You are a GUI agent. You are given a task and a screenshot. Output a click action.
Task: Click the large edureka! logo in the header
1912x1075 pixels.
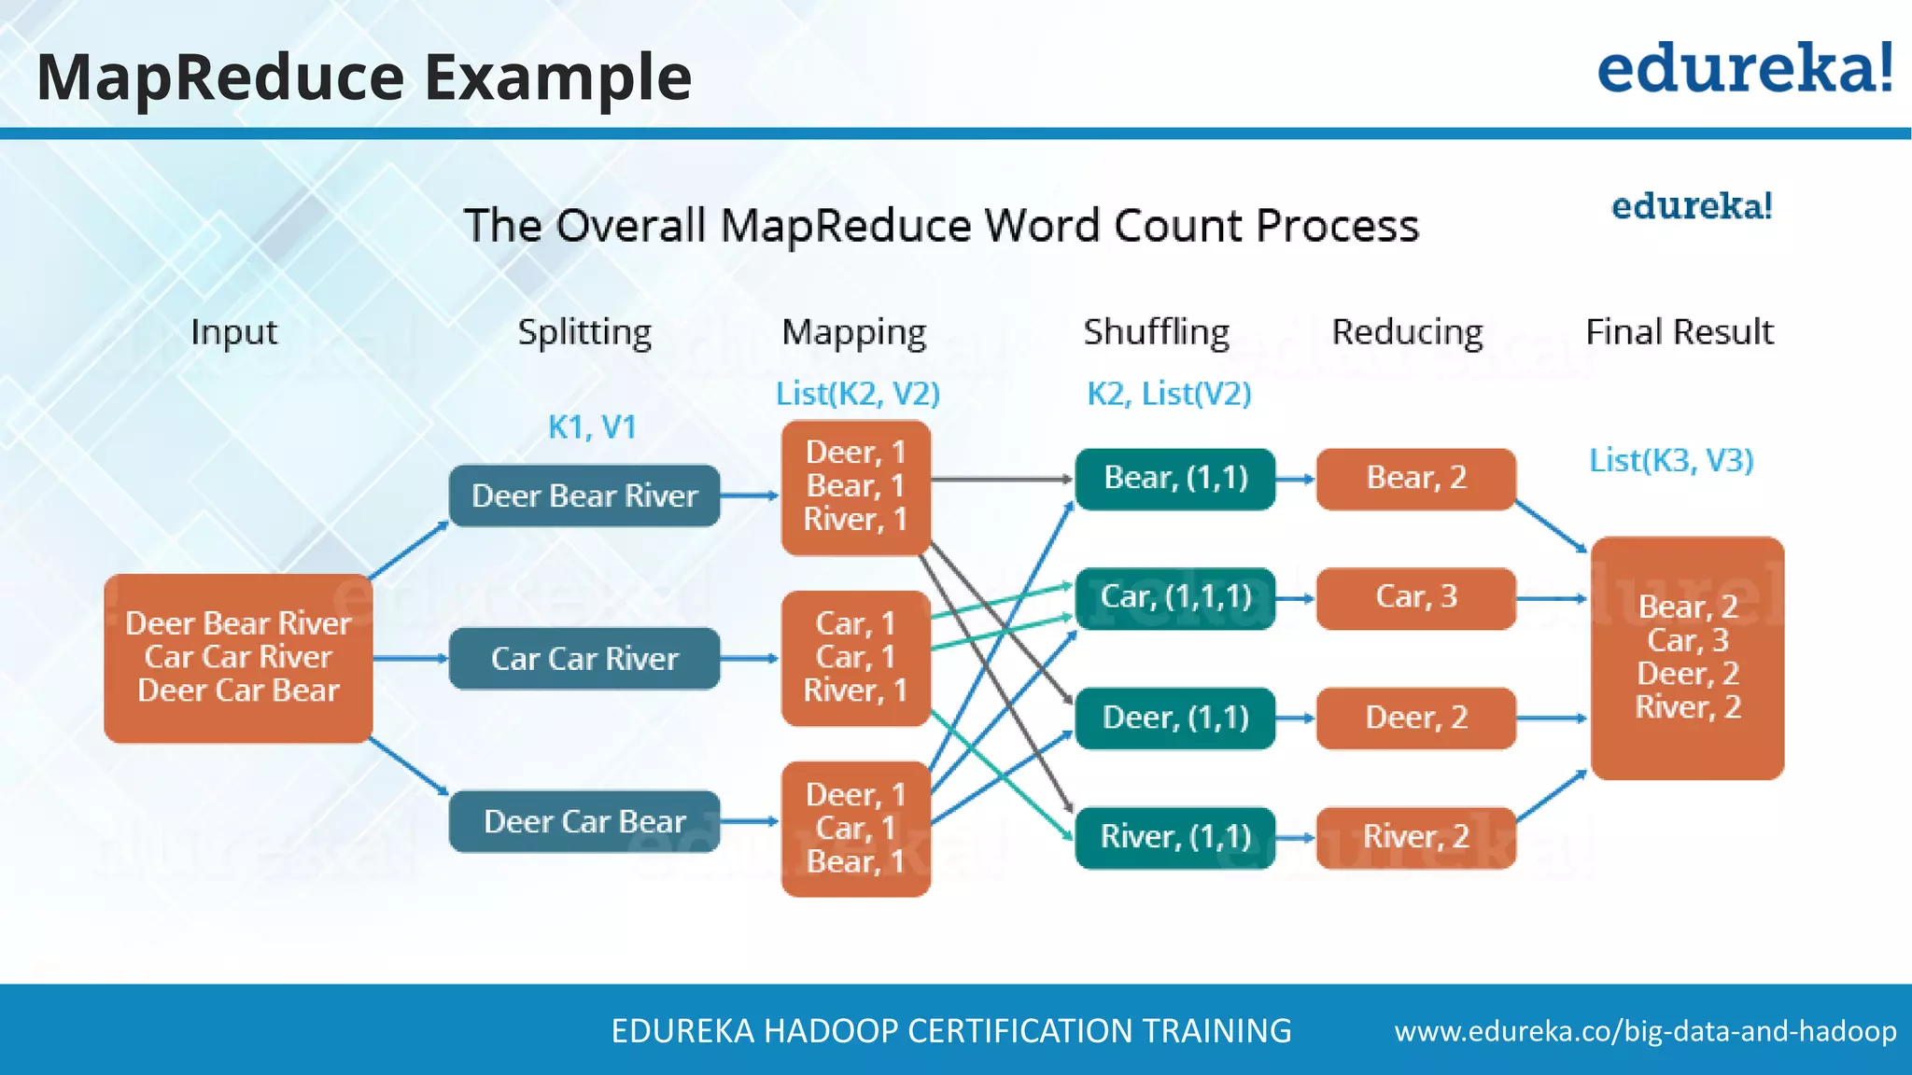1744,69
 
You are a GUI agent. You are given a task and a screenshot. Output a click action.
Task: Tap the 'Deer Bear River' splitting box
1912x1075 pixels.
584,496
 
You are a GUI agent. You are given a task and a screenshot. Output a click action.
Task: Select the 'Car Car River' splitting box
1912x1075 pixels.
584,659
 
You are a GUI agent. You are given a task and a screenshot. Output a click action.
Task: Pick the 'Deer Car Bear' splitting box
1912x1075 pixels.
584,821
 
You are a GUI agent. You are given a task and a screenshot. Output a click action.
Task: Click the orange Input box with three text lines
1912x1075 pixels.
238,658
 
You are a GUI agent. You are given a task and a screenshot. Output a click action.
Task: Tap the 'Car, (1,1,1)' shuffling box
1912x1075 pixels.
1175,597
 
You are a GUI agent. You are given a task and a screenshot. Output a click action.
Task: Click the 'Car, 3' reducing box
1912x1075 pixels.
1415,597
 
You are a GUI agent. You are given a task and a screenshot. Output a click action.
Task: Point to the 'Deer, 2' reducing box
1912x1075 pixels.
1415,718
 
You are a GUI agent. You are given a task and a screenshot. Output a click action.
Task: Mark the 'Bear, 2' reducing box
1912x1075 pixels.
1415,479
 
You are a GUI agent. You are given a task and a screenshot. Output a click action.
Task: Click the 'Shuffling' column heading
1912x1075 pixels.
1156,332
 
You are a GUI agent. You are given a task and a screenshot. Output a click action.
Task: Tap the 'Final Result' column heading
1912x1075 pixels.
1679,332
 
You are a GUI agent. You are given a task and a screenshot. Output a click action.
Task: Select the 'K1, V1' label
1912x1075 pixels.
592,427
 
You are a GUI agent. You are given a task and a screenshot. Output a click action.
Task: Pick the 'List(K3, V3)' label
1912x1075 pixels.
1671,460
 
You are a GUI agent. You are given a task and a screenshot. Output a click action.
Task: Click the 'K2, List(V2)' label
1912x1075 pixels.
1169,394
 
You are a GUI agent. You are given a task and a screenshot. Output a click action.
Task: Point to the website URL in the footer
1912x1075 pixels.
1645,1031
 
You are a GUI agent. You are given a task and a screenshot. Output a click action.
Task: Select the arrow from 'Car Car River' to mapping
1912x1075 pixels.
750,659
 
